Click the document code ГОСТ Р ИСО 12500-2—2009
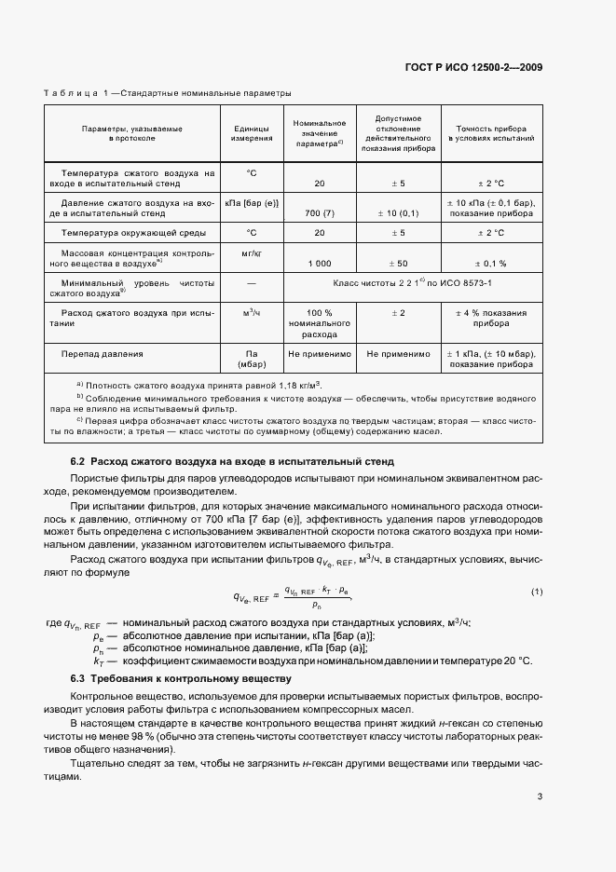pyautogui.click(x=473, y=67)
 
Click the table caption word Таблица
pyautogui.click(x=72, y=93)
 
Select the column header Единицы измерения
pyautogui.click(x=252, y=132)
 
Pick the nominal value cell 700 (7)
pyautogui.click(x=320, y=213)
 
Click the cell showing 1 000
pyautogui.click(x=320, y=264)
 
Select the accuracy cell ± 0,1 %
pyautogui.click(x=491, y=264)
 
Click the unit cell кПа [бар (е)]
pyautogui.click(x=252, y=202)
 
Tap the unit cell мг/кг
pyautogui.click(x=252, y=252)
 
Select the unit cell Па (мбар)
pyautogui.click(x=252, y=360)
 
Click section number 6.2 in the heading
pyautogui.click(x=78, y=461)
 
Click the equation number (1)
pyautogui.click(x=536, y=592)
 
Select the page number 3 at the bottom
pyautogui.click(x=540, y=797)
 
